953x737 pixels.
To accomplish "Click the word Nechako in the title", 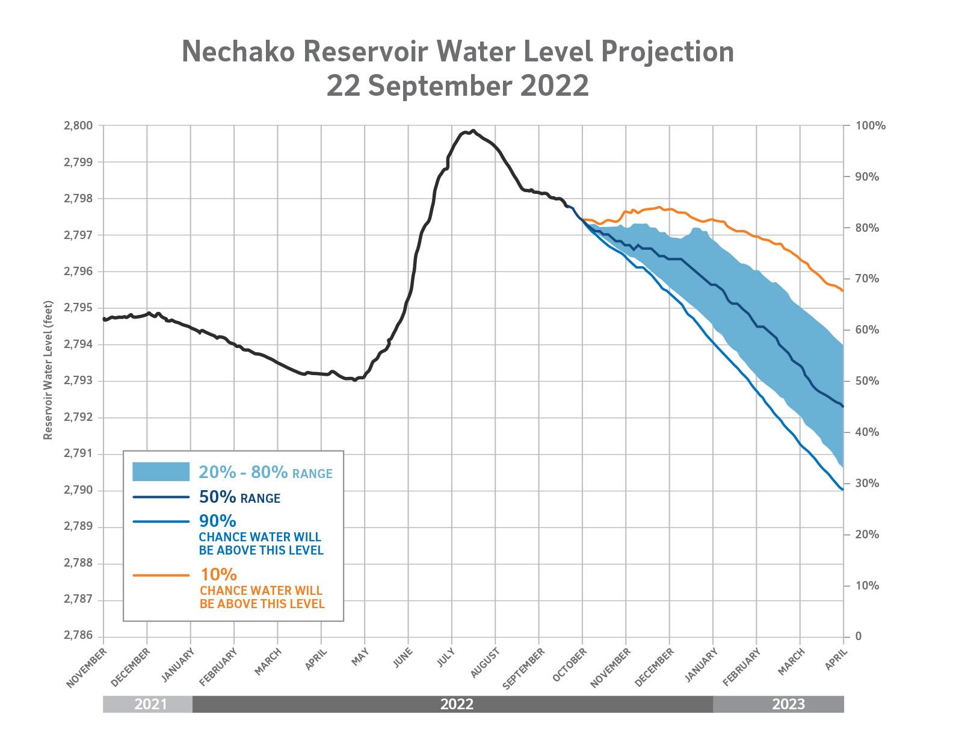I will pyautogui.click(x=238, y=52).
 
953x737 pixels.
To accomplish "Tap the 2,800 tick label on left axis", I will pyautogui.click(x=78, y=126).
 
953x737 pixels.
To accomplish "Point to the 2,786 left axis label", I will pyautogui.click(x=78, y=636).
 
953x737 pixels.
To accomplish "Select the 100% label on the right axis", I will pyautogui.click(x=870, y=126).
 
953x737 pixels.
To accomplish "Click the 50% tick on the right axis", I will pyautogui.click(x=867, y=381).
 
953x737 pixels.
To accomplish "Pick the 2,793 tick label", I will pyautogui.click(x=78, y=381).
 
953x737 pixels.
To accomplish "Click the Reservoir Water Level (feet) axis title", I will pyautogui.click(x=48, y=370).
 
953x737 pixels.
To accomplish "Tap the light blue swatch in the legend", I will pyautogui.click(x=161, y=472).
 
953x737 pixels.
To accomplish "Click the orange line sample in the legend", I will pyautogui.click(x=161, y=576).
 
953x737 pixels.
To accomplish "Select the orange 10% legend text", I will pyautogui.click(x=218, y=574).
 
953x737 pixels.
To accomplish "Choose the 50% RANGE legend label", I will pyautogui.click(x=239, y=497).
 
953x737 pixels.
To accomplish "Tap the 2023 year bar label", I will pyautogui.click(x=788, y=704).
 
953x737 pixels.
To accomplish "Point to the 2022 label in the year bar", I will pyautogui.click(x=457, y=704).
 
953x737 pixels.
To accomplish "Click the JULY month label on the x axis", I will pyautogui.click(x=445, y=658).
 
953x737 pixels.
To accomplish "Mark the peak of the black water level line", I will pyautogui.click(x=473, y=130).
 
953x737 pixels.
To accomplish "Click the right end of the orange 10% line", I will pyautogui.click(x=842, y=291).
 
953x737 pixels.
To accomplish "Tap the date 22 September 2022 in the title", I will pyautogui.click(x=457, y=86).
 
